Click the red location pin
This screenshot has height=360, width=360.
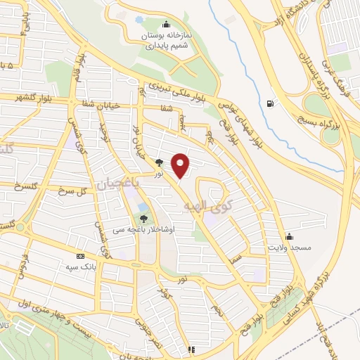[x=181, y=165]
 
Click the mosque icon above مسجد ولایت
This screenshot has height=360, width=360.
[x=289, y=236]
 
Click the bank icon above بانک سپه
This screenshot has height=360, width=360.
[x=79, y=256]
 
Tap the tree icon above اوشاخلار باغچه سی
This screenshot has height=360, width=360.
[x=144, y=217]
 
